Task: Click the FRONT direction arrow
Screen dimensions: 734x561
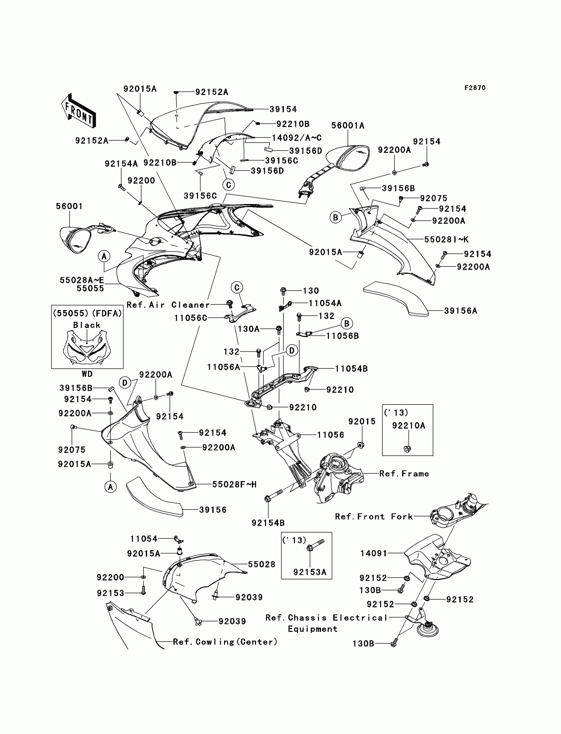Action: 79,111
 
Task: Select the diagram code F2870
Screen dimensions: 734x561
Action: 475,88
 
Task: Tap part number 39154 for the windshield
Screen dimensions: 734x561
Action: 283,109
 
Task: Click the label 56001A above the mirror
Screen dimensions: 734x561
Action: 347,125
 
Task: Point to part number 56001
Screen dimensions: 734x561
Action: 69,206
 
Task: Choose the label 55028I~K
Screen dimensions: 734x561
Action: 446,239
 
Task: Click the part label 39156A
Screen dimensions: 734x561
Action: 460,311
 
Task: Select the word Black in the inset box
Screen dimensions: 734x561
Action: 87,325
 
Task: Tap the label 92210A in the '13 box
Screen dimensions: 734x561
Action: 409,426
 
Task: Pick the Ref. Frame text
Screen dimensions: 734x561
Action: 404,474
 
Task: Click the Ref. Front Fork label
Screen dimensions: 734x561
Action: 374,517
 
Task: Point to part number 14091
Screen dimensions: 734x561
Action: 374,554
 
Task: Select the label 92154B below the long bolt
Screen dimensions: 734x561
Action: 268,523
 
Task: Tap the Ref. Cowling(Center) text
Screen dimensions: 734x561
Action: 225,642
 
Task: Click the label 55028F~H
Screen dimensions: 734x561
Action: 234,484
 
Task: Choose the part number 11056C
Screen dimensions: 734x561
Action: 190,318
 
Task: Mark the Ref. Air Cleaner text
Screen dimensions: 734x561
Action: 168,305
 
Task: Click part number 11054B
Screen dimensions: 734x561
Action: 351,369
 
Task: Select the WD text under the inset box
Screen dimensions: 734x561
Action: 87,374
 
